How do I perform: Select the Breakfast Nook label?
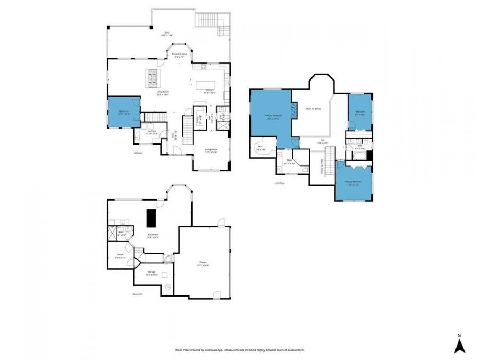(x=179, y=54)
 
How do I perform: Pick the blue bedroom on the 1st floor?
(x=124, y=113)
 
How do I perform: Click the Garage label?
(x=203, y=263)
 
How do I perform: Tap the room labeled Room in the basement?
(x=121, y=255)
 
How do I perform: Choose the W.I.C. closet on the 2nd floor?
(x=261, y=148)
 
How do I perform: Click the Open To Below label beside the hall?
(x=313, y=109)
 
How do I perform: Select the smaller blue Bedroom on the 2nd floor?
(x=360, y=112)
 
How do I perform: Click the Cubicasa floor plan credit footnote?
(x=239, y=350)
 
